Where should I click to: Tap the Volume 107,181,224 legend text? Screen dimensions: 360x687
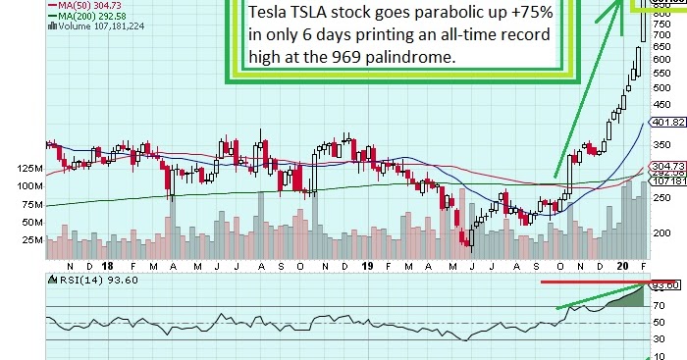pyautogui.click(x=96, y=26)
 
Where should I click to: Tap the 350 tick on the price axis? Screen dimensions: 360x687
pyautogui.click(x=663, y=147)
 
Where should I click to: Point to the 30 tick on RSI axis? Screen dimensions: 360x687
pyautogui.click(x=661, y=339)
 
